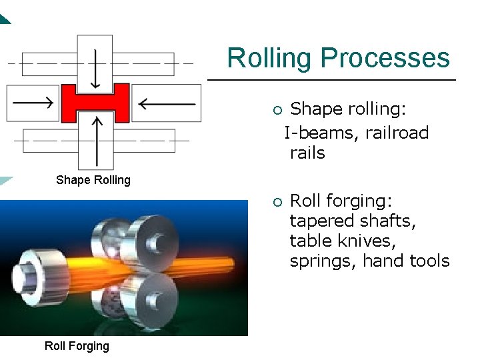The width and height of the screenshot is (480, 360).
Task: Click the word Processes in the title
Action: (x=385, y=59)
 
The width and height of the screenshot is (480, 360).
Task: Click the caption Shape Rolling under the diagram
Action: (x=93, y=180)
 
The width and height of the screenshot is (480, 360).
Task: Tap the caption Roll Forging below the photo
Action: (x=77, y=345)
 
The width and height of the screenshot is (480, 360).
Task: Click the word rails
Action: (x=307, y=153)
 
